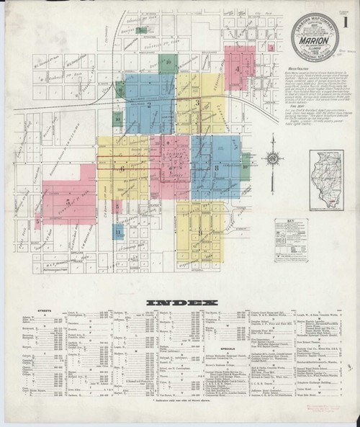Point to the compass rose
(x=273, y=161)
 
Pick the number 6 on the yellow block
(x=123, y=168)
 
